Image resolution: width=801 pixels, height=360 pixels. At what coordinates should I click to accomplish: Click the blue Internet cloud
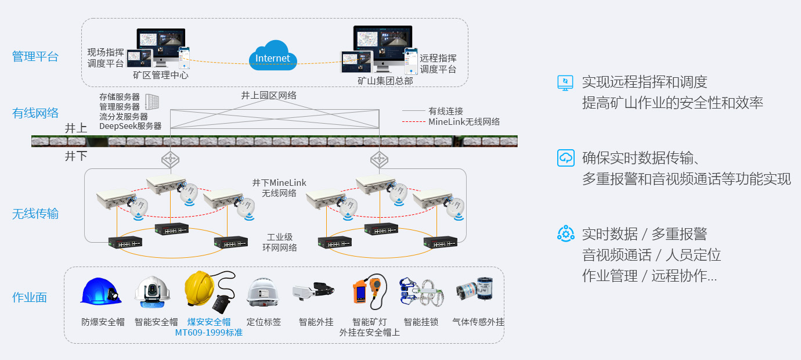(272, 56)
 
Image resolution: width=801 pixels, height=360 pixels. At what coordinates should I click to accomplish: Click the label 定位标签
(264, 322)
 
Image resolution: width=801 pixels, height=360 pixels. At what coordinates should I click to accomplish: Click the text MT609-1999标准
(208, 333)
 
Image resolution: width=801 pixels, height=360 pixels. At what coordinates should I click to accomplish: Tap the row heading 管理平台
(35, 56)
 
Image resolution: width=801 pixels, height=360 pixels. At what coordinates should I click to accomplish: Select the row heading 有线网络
(35, 113)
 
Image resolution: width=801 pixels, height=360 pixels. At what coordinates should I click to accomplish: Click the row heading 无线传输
(35, 214)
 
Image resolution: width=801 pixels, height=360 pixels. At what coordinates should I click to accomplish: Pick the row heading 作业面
(30, 298)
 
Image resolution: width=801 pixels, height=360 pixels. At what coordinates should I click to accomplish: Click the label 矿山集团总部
(385, 81)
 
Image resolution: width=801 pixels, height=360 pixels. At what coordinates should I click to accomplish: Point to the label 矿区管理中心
(161, 75)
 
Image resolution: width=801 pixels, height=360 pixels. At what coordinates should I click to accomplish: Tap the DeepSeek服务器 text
(130, 125)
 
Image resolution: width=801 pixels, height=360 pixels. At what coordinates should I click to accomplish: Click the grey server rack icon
(151, 103)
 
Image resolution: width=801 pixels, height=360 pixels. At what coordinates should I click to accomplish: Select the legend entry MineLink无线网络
(464, 122)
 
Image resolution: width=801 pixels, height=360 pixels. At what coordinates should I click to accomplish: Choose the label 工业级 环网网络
(280, 243)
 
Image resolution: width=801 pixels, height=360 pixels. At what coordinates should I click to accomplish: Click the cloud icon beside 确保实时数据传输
(565, 157)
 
